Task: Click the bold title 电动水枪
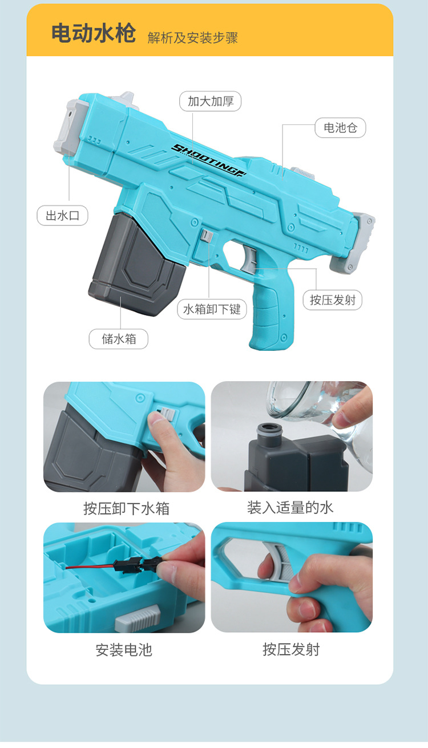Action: coord(94,34)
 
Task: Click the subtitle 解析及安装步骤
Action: coord(192,38)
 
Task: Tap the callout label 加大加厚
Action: coord(211,101)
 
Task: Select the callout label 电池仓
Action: coord(341,128)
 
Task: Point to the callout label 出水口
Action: coord(62,216)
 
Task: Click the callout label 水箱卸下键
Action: coord(212,309)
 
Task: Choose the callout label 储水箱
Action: coord(119,339)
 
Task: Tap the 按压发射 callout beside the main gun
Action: coord(333,300)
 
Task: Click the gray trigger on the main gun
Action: coord(249,260)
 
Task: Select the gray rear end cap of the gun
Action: coord(353,242)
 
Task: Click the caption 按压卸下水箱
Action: coord(126,508)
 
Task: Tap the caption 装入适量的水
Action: coord(290,508)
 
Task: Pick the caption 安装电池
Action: coord(124,650)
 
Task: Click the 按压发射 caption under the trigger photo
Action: coord(291,649)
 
